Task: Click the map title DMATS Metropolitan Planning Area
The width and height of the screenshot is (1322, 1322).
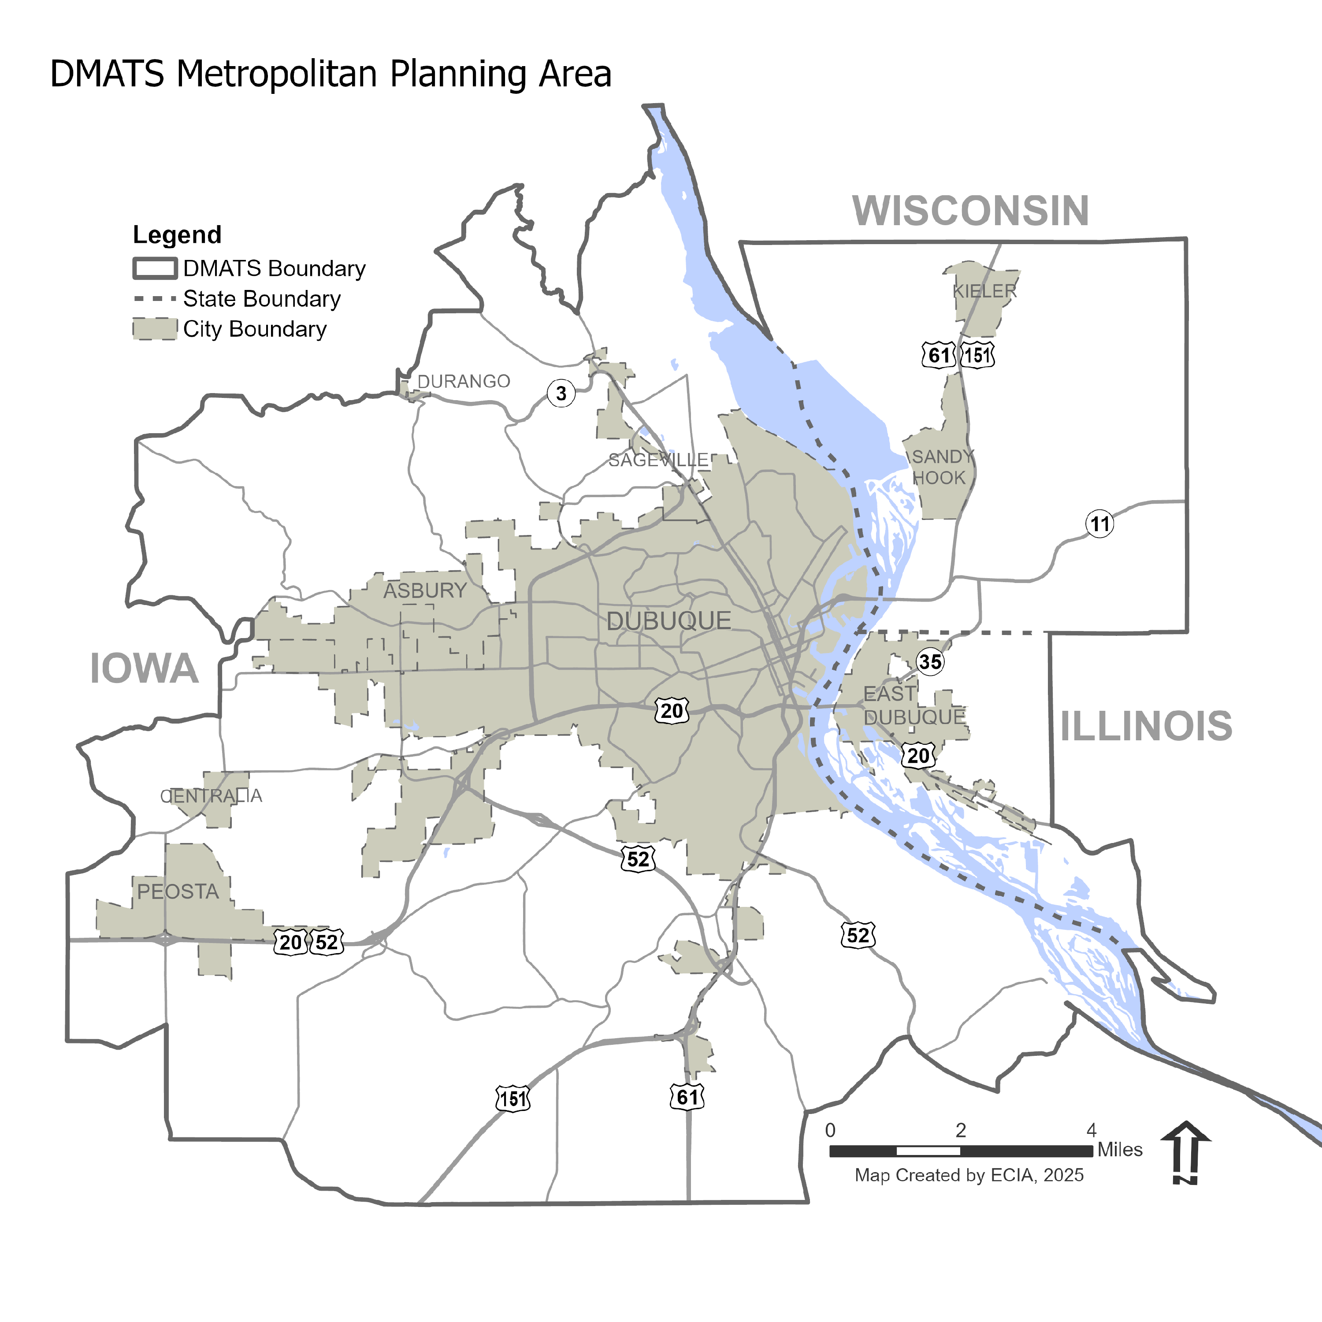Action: (x=330, y=74)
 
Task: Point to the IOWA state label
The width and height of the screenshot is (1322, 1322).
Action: (x=145, y=668)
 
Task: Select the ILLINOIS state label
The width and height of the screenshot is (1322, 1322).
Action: (x=1146, y=726)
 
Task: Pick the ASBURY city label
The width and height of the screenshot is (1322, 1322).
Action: (x=424, y=590)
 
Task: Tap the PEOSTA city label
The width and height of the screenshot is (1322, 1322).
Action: (x=178, y=891)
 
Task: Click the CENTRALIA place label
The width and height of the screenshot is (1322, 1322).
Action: (x=211, y=796)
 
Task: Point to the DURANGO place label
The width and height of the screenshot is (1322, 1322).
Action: (x=464, y=381)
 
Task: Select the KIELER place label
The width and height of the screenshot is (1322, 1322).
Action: (x=984, y=291)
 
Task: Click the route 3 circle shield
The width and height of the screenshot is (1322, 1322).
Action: (x=561, y=394)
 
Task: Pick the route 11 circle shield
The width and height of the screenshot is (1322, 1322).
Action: (x=1099, y=524)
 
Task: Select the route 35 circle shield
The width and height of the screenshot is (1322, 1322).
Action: (x=930, y=662)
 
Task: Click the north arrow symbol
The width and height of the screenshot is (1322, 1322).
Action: (x=1186, y=1153)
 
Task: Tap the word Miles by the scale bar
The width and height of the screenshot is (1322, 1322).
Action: (x=1120, y=1150)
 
